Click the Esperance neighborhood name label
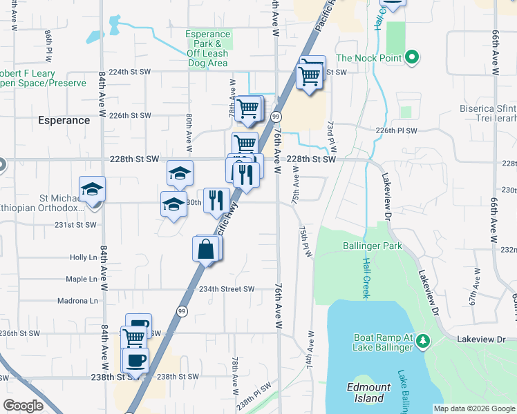pos(64,120)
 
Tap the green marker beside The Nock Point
pos(411,58)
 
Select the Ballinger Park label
pos(372,246)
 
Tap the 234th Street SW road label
pos(227,290)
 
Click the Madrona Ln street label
pos(77,301)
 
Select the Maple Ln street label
pos(81,279)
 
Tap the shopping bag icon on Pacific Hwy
pos(206,249)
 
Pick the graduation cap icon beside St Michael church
pos(91,190)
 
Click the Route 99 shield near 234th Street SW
pos(182,312)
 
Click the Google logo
pos(23,406)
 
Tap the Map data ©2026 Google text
pos(473,408)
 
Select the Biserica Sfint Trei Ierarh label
pos(488,113)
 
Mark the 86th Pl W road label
pos(48,43)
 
